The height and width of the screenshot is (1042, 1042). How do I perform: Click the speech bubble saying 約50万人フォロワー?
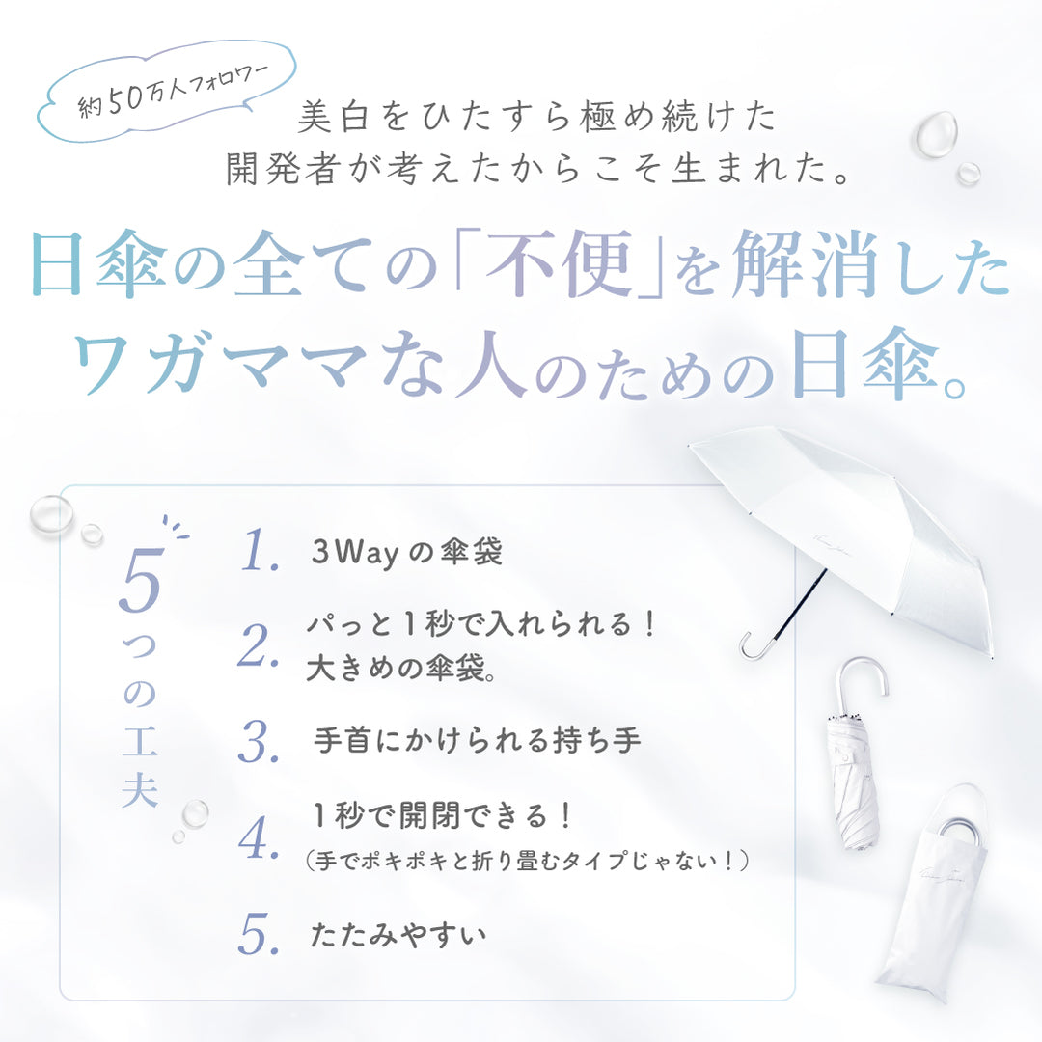coord(166,91)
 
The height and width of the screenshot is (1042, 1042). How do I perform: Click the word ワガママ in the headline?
coord(219,363)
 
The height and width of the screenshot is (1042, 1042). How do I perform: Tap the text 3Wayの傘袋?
coord(407,552)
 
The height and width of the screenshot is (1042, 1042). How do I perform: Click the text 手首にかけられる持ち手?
coord(478,740)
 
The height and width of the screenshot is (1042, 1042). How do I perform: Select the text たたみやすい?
coord(398,935)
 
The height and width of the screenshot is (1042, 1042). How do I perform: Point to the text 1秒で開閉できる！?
coord(441,815)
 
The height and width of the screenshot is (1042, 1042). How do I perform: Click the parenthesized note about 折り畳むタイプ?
coord(528,862)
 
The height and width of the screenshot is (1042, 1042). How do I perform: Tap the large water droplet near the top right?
coord(934,134)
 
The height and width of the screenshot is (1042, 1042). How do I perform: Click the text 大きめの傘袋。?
coord(401,668)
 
